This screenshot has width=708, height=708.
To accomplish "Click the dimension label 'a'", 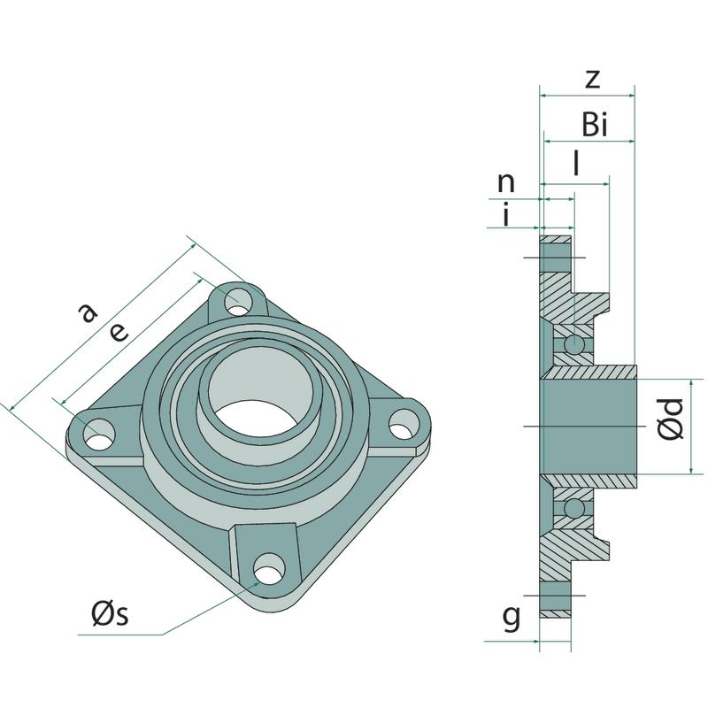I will click(x=86, y=313).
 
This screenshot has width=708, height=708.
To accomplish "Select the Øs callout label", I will click(x=110, y=613).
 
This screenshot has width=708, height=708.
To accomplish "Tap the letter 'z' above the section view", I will click(x=593, y=79).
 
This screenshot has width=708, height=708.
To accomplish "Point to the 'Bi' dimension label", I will click(x=595, y=126).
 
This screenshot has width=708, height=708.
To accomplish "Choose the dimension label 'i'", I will click(x=505, y=215).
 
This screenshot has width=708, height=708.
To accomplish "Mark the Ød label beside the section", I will click(x=672, y=419).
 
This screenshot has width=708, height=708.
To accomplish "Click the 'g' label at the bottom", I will click(x=511, y=619).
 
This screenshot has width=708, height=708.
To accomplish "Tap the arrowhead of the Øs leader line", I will click(x=257, y=582).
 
